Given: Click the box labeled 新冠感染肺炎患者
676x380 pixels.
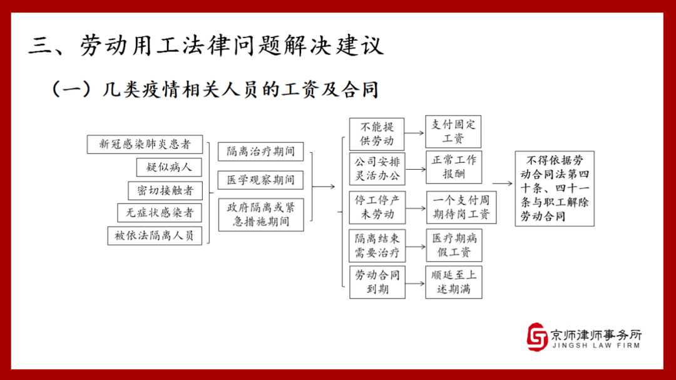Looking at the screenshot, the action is pos(145,144).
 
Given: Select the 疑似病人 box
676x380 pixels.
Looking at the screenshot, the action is pos(169,167).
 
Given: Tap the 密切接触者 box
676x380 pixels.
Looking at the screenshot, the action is pos(165,191).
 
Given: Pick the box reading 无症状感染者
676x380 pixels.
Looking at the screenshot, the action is pos(160,213).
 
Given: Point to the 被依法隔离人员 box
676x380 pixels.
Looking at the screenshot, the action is pos(155,236).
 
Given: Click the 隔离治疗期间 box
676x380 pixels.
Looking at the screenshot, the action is pos(261,151).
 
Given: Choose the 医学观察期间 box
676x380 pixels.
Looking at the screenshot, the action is pos(260,180).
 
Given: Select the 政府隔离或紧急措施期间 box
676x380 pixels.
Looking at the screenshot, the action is pos(261,215).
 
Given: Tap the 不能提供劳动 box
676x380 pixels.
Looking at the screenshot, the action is pos(377,134).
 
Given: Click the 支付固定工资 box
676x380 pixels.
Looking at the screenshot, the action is pos(453,131).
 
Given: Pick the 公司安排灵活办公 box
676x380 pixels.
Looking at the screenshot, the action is pos(377,168).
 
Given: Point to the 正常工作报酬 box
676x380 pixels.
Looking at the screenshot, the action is pos(454,167).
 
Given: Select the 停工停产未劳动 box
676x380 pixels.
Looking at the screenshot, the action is pos(377,207).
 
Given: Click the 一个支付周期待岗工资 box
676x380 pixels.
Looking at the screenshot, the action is pos(461,207).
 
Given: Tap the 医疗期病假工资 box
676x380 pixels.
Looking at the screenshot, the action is pos(454,245).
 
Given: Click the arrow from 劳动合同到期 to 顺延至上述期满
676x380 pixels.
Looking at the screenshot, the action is pos(415,284).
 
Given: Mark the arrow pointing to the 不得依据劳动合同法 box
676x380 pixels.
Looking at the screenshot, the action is pos(503,183).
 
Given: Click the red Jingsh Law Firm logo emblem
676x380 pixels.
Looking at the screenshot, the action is pos(537,336).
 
